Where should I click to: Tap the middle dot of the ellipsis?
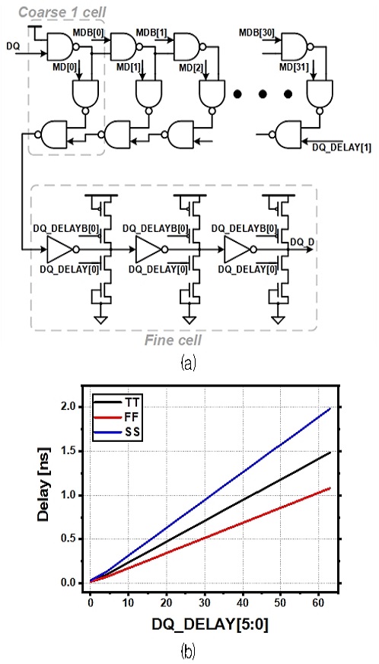pos(263,94)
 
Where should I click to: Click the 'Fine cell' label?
pos(173,340)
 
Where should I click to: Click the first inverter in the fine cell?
pos(62,249)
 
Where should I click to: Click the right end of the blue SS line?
pos(330,408)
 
